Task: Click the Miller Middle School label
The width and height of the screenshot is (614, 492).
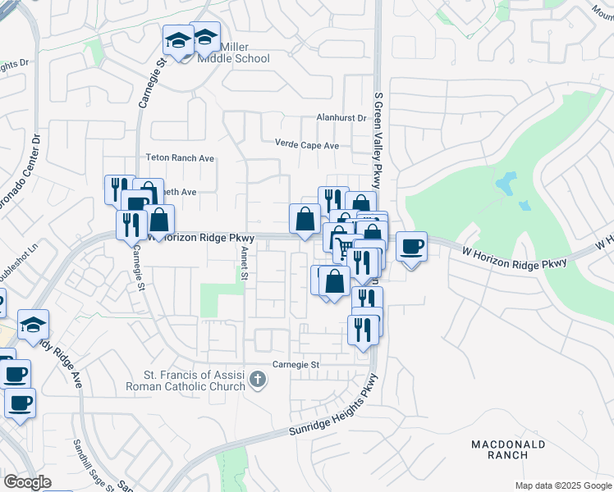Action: point(234,53)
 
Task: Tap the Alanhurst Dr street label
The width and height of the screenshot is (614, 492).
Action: point(341,118)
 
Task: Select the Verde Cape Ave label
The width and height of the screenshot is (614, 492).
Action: point(306,145)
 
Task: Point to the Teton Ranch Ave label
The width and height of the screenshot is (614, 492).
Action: point(179,157)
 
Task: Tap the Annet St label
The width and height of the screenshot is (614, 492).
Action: point(244,266)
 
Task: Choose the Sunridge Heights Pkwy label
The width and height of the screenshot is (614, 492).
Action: point(332,408)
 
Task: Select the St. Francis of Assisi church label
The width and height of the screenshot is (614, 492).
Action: point(185,382)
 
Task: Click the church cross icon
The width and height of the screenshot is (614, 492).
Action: point(258,379)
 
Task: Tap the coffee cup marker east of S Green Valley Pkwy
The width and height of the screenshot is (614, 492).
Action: point(411,246)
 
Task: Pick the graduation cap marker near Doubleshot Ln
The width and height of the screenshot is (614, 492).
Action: point(33,325)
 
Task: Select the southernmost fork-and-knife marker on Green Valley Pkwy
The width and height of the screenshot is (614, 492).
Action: point(362,330)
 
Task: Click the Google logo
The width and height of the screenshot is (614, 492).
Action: point(26,482)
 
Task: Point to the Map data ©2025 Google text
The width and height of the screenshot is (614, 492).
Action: point(562,485)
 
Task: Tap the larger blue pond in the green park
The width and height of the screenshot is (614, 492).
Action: point(506,180)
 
